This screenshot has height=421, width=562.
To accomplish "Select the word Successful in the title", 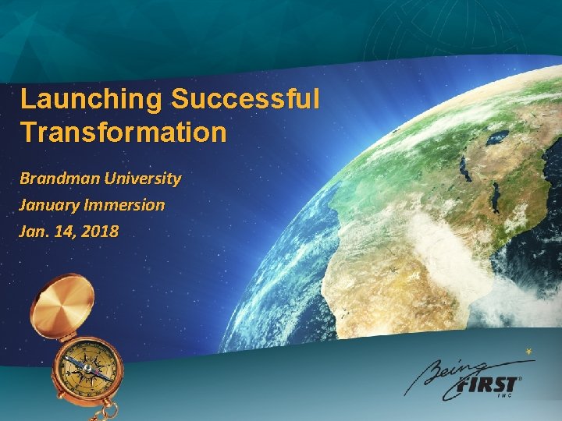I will click(246, 100).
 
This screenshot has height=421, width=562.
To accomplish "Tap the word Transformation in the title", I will click(123, 133).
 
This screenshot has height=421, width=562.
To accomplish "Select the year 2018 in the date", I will click(98, 231).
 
